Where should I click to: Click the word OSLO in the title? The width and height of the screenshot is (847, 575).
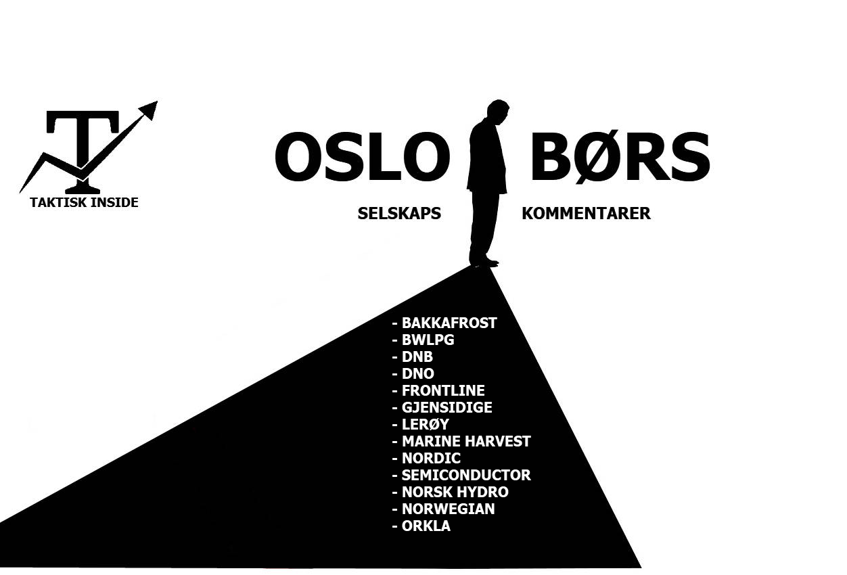[362, 157]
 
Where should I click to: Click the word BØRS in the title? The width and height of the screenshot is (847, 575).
[620, 157]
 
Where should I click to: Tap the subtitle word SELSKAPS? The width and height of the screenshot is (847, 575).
[399, 214]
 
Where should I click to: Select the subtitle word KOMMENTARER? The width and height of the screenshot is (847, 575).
[586, 214]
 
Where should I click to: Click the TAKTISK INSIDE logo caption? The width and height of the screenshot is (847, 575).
[84, 202]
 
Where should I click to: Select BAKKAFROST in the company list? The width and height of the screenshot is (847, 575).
[449, 323]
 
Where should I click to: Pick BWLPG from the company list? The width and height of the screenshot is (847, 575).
[428, 340]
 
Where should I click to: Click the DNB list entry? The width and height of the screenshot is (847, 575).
[417, 356]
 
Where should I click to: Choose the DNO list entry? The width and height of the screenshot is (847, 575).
[417, 373]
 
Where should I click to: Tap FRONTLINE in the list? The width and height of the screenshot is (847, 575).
[442, 390]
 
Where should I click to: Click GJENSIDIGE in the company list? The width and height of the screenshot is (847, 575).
[447, 407]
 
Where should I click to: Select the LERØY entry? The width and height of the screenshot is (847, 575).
[425, 424]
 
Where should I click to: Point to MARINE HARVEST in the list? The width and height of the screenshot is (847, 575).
[466, 441]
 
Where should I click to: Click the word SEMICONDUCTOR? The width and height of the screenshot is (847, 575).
[466, 475]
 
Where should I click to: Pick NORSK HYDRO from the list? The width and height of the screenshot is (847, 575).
[455, 492]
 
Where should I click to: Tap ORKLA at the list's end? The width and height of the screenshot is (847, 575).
[426, 526]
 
